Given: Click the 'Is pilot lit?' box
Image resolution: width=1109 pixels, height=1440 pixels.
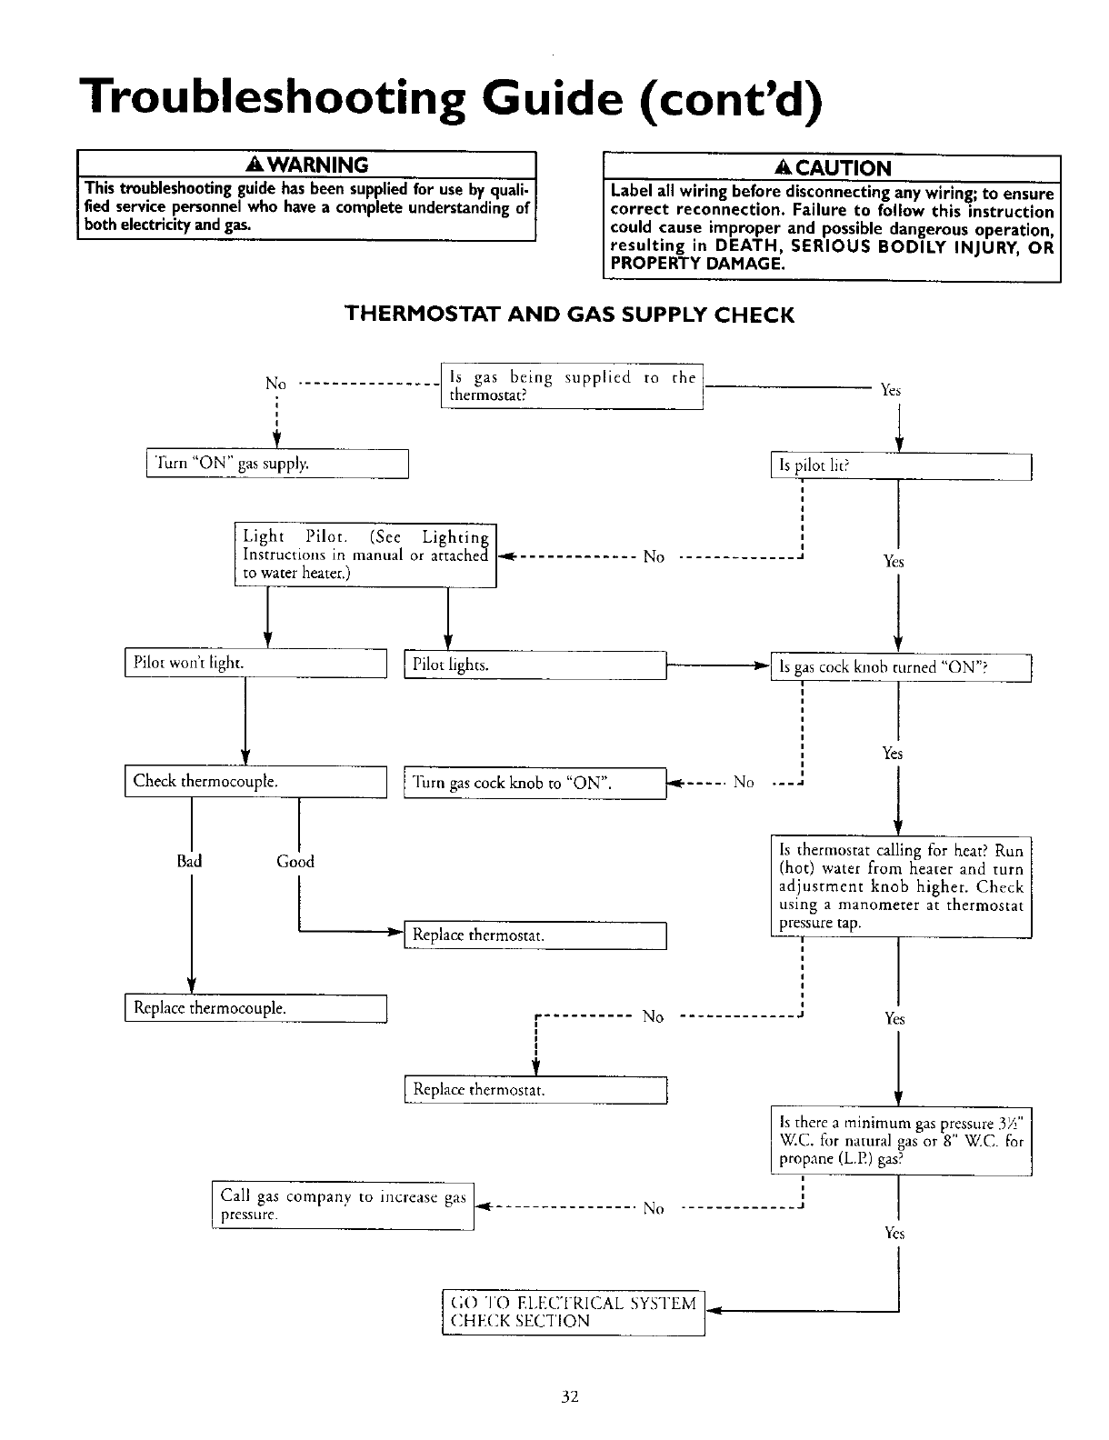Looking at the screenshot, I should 900,466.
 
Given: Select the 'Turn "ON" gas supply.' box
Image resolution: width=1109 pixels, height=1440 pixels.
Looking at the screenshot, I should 277,464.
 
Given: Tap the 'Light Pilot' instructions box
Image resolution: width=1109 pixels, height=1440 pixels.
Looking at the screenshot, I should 365,555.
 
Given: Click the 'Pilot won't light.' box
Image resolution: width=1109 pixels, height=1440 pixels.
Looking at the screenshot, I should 255,664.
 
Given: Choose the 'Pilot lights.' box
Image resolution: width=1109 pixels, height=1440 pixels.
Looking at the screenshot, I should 535,665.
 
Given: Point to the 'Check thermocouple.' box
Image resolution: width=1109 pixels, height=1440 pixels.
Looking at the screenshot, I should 255,781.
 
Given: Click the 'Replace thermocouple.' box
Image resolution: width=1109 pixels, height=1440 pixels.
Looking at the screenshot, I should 255,1008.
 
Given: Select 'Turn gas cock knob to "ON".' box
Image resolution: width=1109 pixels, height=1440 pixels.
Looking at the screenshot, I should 535,783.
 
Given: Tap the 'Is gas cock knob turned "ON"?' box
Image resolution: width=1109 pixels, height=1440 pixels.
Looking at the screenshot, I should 900,667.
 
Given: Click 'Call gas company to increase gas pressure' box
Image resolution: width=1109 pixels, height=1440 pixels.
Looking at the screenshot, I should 343,1205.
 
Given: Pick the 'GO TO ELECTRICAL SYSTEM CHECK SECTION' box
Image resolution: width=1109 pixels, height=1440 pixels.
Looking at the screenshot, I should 573,1312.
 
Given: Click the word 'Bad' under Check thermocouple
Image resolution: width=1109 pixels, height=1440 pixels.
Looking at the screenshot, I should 190,861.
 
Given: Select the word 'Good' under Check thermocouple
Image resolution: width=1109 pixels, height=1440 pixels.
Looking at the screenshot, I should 295,861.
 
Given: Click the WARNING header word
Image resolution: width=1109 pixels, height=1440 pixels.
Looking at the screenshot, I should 315,165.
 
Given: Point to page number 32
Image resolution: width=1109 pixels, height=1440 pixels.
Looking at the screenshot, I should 570,1397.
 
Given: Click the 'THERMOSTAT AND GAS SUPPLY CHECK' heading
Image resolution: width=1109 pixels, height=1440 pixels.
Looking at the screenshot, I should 569,315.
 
